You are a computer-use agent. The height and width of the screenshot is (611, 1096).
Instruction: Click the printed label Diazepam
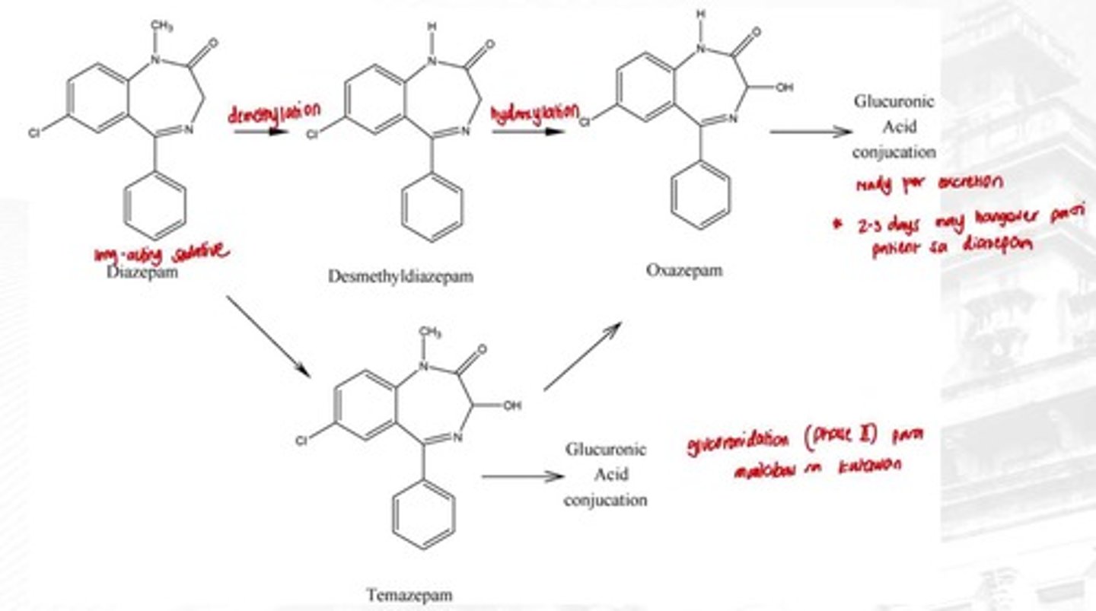142,272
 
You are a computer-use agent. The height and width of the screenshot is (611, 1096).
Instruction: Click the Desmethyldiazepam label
400,277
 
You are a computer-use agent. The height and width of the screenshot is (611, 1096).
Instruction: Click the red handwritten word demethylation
274,114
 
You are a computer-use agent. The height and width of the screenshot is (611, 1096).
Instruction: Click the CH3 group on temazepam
431,332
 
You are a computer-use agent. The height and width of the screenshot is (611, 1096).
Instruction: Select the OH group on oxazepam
785,88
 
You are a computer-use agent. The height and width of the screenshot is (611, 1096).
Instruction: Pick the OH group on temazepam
512,406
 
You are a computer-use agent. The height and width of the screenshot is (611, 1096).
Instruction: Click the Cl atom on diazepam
33,133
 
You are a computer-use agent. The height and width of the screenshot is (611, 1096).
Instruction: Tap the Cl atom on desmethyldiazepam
311,135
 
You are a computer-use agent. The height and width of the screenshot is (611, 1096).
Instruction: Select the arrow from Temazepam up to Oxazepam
583,356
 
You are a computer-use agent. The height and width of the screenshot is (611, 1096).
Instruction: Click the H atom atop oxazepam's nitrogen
701,13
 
